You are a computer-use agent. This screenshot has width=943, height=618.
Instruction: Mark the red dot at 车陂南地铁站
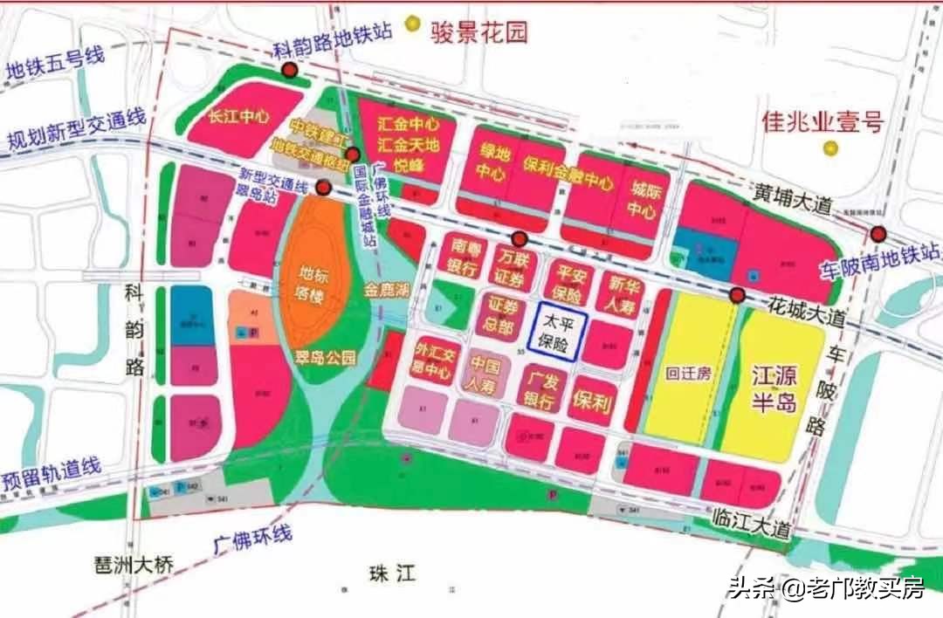tap(878, 234)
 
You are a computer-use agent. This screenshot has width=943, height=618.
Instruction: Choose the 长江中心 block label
tap(238, 116)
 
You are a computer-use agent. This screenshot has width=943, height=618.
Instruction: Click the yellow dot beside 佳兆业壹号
tap(831, 149)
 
